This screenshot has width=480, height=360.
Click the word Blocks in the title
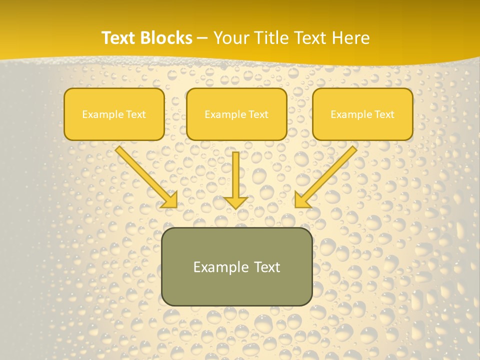pyautogui.click(x=166, y=38)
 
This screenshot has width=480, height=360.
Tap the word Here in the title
pyautogui.click(x=350, y=38)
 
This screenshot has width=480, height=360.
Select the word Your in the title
pyautogui.click(x=230, y=38)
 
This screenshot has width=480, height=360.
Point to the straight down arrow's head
pyautogui.click(x=235, y=202)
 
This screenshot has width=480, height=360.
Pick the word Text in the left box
pyautogui.click(x=136, y=114)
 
